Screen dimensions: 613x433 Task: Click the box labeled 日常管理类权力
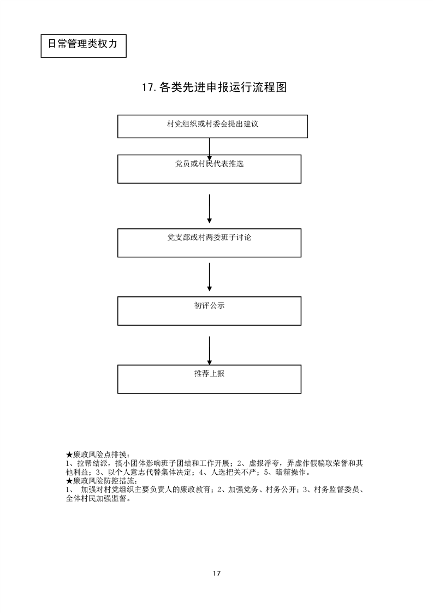[x=83, y=44]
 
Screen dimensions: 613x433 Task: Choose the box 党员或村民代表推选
[x=209, y=168]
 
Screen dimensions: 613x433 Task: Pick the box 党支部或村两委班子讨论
[x=209, y=243]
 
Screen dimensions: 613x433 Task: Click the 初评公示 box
[x=209, y=310]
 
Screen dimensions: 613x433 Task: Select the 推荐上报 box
[x=209, y=379]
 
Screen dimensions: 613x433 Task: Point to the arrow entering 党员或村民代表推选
[x=210, y=147]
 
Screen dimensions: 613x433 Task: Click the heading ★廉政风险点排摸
[x=97, y=455]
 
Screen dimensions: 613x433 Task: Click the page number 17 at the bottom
[x=216, y=574]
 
